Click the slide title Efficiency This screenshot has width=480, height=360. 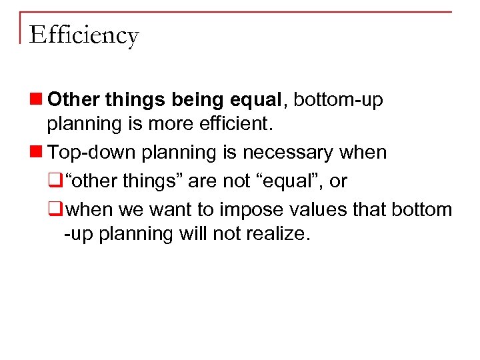click(x=84, y=35)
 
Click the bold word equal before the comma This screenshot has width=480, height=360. click(x=257, y=100)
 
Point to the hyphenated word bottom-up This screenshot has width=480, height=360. click(x=338, y=100)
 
